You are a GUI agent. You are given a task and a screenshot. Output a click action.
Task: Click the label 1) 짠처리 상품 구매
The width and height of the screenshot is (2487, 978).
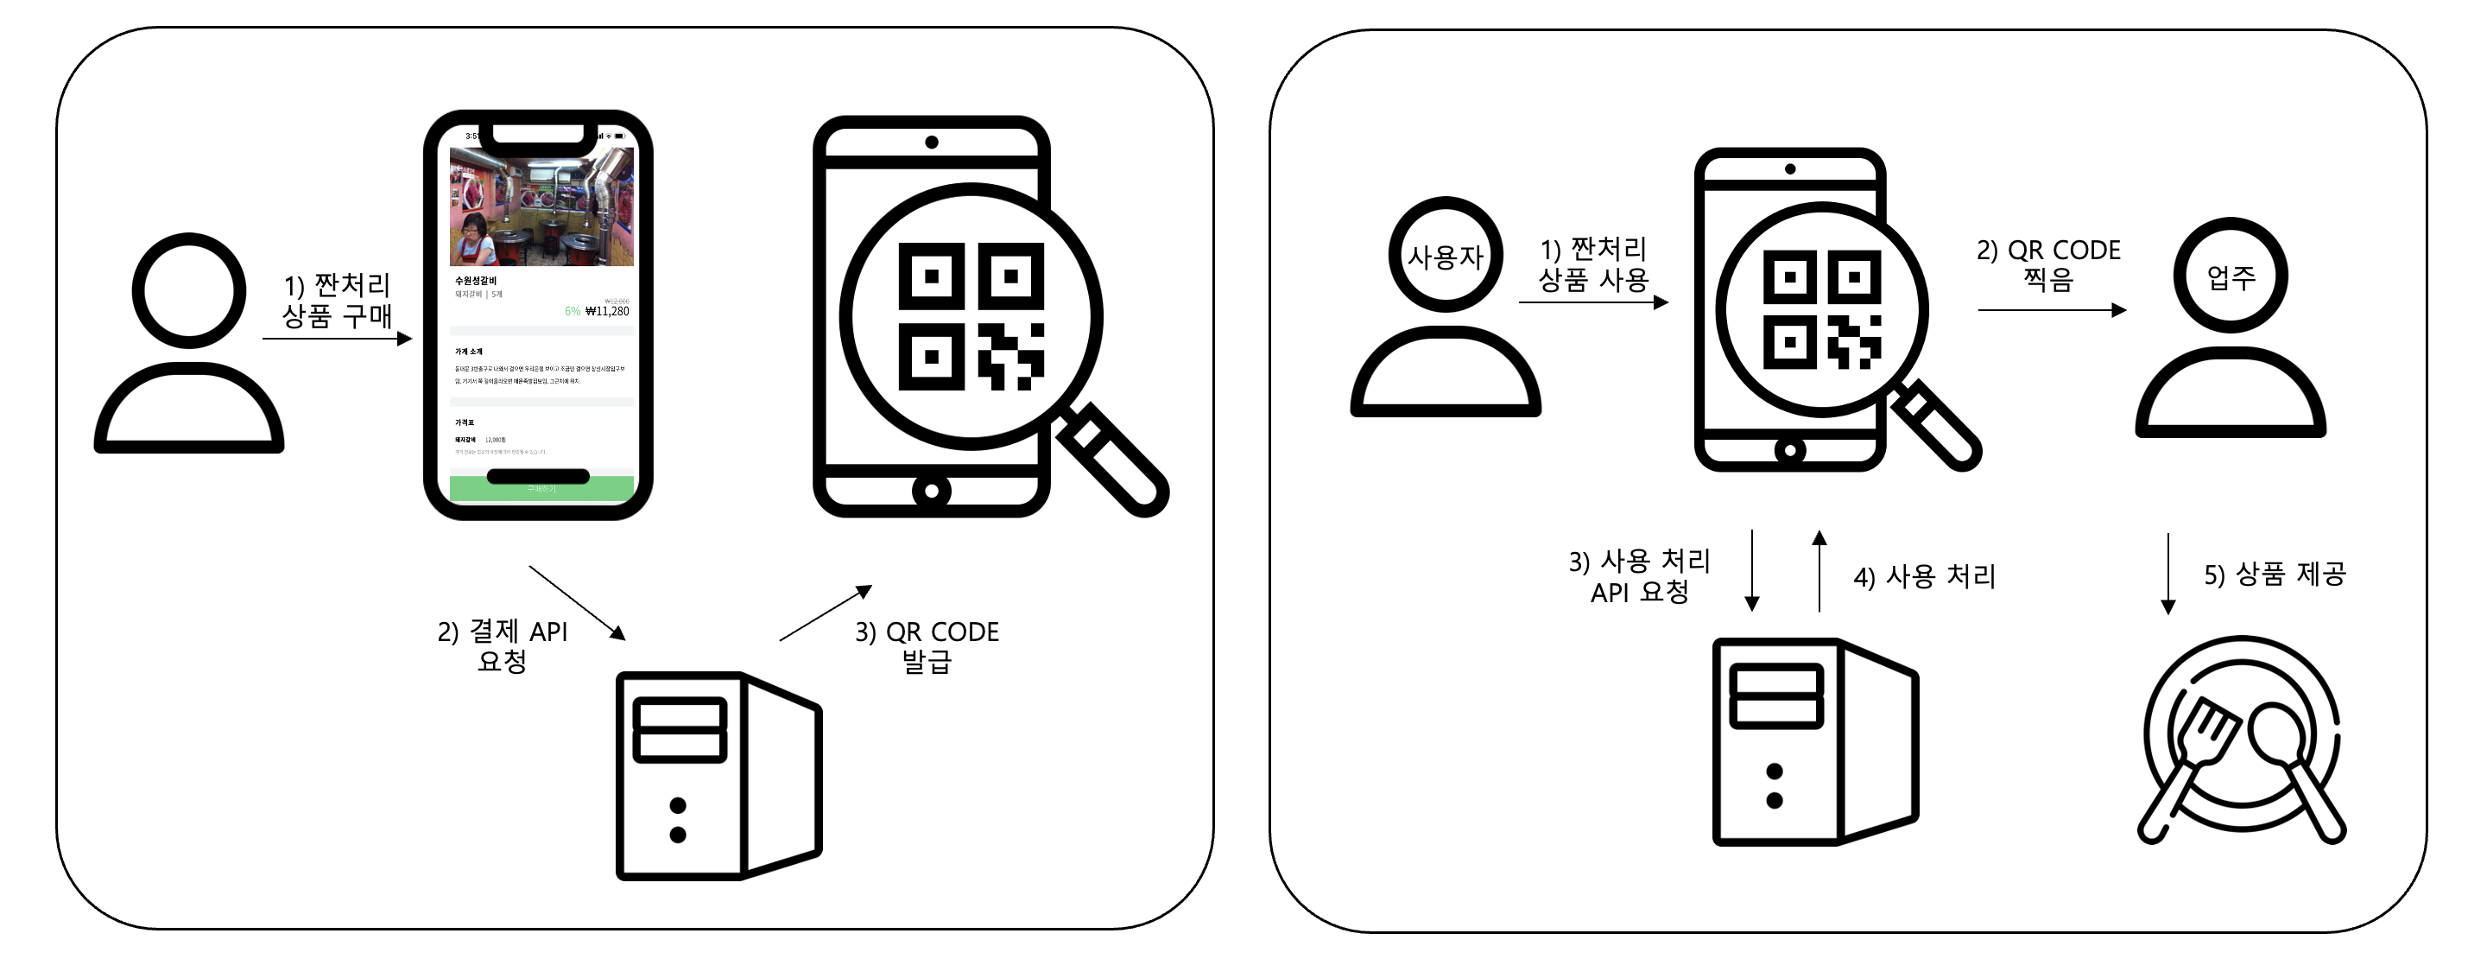pos(337,301)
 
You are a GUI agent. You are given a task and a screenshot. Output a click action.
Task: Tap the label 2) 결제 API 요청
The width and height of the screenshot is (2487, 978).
pos(502,646)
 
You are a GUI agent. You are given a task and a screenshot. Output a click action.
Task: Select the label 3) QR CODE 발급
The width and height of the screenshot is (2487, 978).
pos(927,646)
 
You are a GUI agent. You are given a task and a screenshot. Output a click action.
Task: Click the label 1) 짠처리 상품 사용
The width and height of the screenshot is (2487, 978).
pos(1593,264)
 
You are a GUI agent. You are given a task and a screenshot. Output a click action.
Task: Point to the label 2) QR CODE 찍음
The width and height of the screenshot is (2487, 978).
pos(2047,264)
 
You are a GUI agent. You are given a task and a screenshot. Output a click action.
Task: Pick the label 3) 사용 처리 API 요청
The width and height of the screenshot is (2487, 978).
pos(1639,576)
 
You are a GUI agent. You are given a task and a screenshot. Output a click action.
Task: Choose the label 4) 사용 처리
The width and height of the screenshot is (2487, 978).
pos(1924,576)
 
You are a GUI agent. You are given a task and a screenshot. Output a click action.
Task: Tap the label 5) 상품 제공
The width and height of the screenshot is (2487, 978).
pos(2274,575)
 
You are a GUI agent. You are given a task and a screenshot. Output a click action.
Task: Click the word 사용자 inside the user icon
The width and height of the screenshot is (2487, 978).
pos(1445,257)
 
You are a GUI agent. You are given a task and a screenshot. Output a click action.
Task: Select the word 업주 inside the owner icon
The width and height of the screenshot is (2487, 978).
pos(2231,278)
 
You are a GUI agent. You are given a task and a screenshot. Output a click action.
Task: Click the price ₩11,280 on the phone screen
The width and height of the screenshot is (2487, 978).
pos(606,311)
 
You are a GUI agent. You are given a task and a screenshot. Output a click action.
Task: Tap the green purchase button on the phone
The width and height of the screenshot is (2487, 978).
pos(541,488)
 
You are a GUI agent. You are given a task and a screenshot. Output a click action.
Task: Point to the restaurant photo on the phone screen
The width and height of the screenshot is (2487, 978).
pos(541,206)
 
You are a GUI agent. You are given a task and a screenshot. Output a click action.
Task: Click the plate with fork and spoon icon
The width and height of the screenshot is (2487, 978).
pos(2242,739)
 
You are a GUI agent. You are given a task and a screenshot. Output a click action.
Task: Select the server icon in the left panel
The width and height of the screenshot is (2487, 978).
pos(718,775)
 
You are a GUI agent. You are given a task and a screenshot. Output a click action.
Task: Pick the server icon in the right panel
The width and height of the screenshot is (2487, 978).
pos(1814,741)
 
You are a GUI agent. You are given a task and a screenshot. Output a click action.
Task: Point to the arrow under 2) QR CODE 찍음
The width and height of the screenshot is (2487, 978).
pos(2052,310)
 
